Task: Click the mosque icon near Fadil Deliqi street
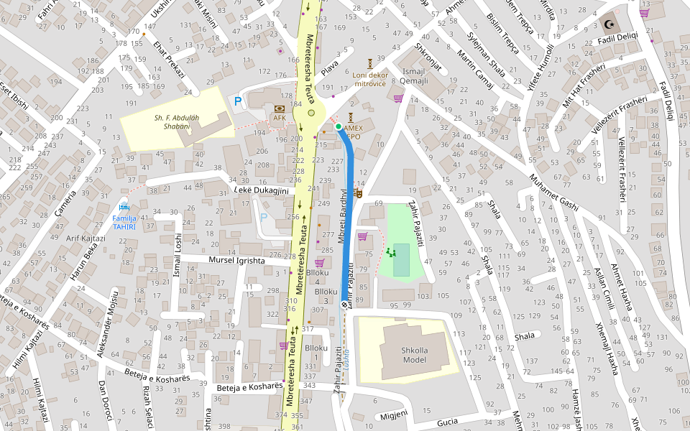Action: tap(610, 24)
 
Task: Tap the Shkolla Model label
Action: tap(415, 356)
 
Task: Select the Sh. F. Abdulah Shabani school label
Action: tap(172, 121)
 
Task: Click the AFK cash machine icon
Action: tap(278, 108)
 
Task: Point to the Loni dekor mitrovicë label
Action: tap(369, 78)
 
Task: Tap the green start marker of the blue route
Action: tap(339, 126)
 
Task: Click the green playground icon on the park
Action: tap(390, 252)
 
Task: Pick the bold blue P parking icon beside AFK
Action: tap(238, 103)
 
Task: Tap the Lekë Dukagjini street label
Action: tap(261, 190)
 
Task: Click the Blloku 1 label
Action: tap(316, 353)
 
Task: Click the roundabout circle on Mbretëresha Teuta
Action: tap(311, 113)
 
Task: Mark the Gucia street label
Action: tap(446, 422)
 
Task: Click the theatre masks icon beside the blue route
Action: tap(358, 191)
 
